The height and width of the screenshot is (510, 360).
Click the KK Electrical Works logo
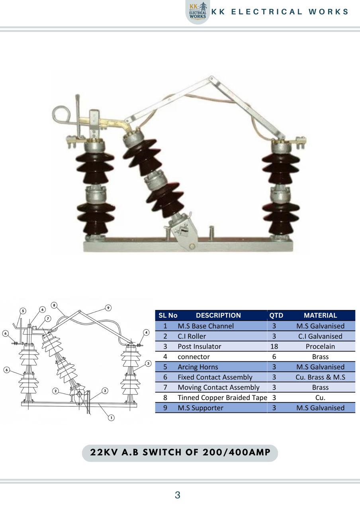pos(198,12)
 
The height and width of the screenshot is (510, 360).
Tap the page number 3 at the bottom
pos(178,495)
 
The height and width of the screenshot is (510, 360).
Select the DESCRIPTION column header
pos(218,315)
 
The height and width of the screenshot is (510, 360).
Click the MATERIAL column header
pos(320,315)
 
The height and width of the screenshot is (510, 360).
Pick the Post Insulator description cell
pos(200,347)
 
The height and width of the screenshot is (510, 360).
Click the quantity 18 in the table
pos(274,347)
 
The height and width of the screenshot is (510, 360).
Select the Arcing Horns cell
pos(198,367)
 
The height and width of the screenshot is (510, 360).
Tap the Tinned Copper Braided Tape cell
pos(222,398)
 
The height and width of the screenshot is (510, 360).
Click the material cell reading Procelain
pos(320,347)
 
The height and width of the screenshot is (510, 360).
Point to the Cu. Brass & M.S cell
pos(320,377)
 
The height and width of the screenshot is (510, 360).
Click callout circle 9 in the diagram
pos(108,308)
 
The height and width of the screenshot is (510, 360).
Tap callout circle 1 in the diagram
pos(111,418)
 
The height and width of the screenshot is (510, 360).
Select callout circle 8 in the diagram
pos(54,305)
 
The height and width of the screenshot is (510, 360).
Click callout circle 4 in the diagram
pos(146,333)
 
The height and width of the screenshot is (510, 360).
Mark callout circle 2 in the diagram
pos(55,391)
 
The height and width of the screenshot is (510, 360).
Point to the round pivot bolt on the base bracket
pos(192,247)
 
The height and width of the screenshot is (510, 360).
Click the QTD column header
pos(276,315)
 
